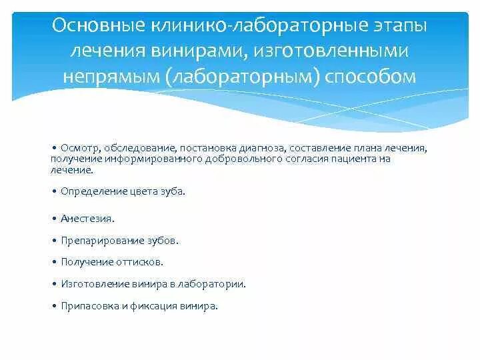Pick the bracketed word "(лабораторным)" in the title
coord(242,76)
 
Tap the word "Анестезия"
coord(87,218)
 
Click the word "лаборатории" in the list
coord(215,284)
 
